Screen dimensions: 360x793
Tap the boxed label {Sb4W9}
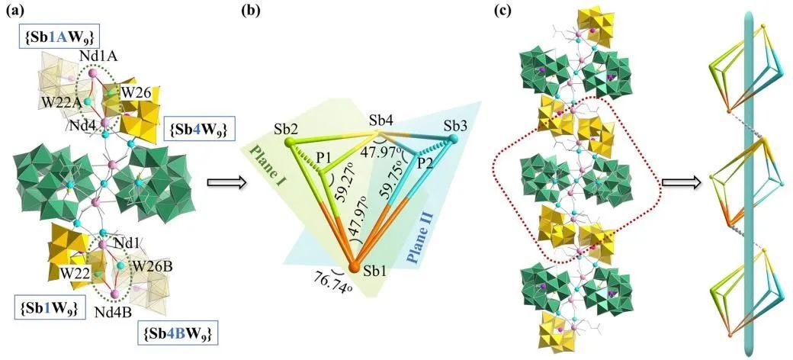191,124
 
